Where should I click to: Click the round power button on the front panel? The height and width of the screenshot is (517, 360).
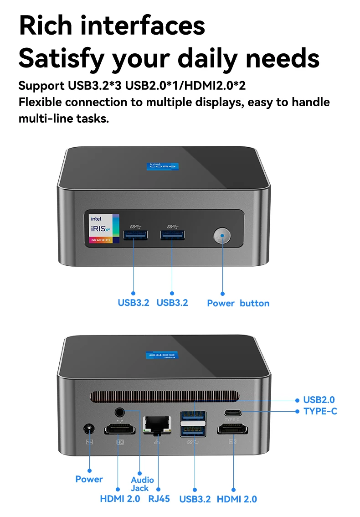coord(222,236)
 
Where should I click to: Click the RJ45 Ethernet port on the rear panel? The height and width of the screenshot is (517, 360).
coord(157,425)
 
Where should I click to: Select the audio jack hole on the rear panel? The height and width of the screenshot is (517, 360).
coord(120,412)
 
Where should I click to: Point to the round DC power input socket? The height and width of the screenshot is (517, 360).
coord(89,429)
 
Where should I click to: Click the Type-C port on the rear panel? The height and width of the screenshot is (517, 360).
coord(233,413)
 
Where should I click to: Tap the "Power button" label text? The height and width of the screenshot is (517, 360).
coord(238,303)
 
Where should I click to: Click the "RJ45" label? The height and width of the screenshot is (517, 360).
coord(159,499)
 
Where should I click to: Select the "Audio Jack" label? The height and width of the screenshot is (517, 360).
coord(142,484)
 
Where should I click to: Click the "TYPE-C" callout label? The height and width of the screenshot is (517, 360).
coord(320,411)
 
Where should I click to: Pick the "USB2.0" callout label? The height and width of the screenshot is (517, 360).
coord(319,400)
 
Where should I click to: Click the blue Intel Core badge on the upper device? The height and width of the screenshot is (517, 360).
coord(163,166)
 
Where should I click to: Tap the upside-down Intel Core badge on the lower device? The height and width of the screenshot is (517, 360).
coord(162,355)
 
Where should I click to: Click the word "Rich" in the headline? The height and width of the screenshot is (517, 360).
coord(46,26)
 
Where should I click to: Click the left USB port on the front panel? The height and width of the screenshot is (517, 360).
coord(135,235)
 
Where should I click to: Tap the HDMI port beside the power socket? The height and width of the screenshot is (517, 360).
coord(120,429)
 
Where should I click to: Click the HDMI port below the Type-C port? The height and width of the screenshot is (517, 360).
coord(232,429)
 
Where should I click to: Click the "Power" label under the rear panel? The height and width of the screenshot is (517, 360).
coord(89,479)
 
